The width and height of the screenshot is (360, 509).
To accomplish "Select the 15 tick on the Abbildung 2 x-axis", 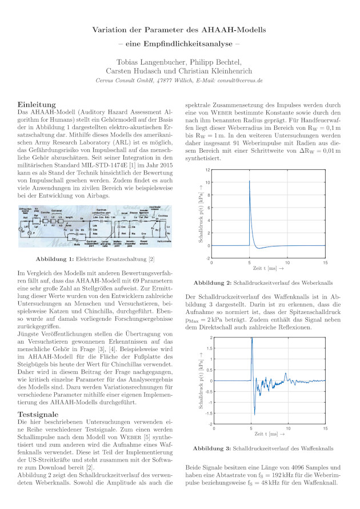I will point(325,263).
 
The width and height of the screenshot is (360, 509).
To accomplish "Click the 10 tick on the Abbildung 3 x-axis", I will point(288,428).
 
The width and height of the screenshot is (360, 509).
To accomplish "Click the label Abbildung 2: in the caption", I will point(212,283).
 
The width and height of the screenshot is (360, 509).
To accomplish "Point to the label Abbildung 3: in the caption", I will point(212,449).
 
